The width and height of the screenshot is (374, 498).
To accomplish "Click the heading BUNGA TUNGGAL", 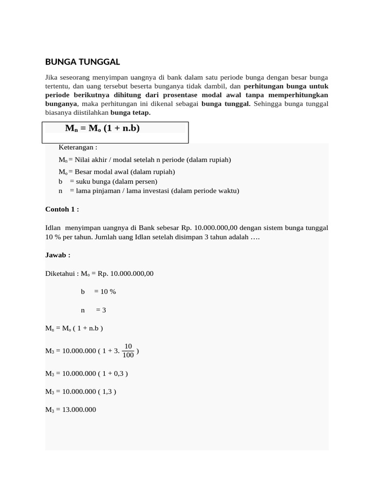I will [82, 62].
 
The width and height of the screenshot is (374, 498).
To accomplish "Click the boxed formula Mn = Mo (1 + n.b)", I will [102, 128].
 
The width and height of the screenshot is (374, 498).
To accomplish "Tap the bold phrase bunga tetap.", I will [131, 112].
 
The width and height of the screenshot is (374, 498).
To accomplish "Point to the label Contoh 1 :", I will [62, 209].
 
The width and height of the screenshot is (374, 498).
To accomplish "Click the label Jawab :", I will [58, 255].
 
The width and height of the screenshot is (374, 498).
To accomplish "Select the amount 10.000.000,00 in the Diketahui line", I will [132, 273].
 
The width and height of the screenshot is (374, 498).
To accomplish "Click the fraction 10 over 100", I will [128, 351].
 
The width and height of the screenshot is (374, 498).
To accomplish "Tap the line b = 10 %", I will [98, 291].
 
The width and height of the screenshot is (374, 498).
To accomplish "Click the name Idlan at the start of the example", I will [54, 228].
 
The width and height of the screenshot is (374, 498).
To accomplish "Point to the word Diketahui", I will [61, 273].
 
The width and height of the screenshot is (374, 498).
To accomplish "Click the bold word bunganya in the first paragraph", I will [61, 104].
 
